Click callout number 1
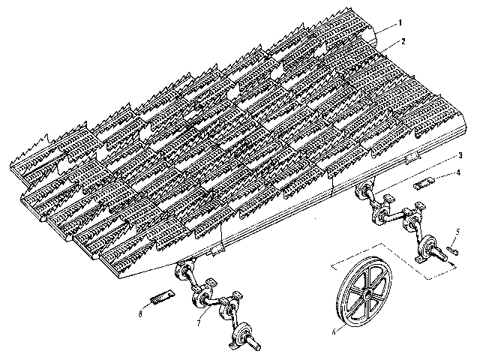[400, 23]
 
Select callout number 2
[403, 41]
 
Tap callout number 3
[460, 155]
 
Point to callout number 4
[458, 172]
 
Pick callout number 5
[457, 232]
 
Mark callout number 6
[334, 331]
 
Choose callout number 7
[199, 322]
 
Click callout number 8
[140, 313]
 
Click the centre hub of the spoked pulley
[367, 295]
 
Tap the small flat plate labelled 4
[424, 184]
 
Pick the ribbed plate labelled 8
[162, 295]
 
